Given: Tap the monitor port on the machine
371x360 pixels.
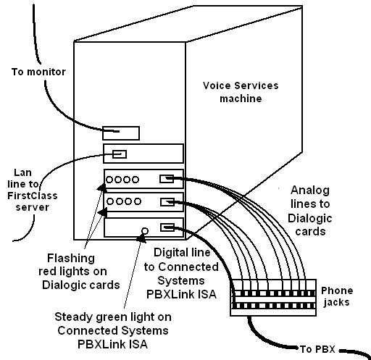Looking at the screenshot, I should [120, 132].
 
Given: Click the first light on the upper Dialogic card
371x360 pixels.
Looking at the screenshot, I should [109, 178].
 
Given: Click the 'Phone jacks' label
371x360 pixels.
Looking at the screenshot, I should [337, 296].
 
